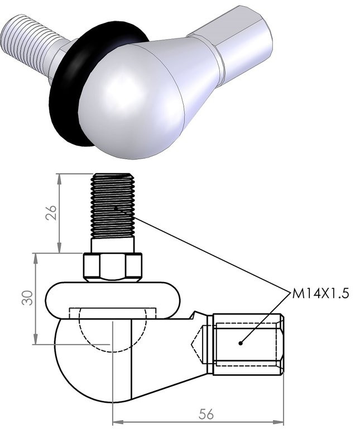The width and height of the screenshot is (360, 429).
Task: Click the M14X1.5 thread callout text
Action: click(320, 294)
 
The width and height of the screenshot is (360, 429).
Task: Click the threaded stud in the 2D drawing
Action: click(113, 204)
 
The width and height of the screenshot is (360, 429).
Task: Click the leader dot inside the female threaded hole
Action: click(241, 343)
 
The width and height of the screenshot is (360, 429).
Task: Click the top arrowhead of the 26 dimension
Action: click(59, 178)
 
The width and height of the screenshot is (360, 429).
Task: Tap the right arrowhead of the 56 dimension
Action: click(279, 420)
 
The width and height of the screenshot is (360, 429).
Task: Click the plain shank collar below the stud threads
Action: click(113, 245)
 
